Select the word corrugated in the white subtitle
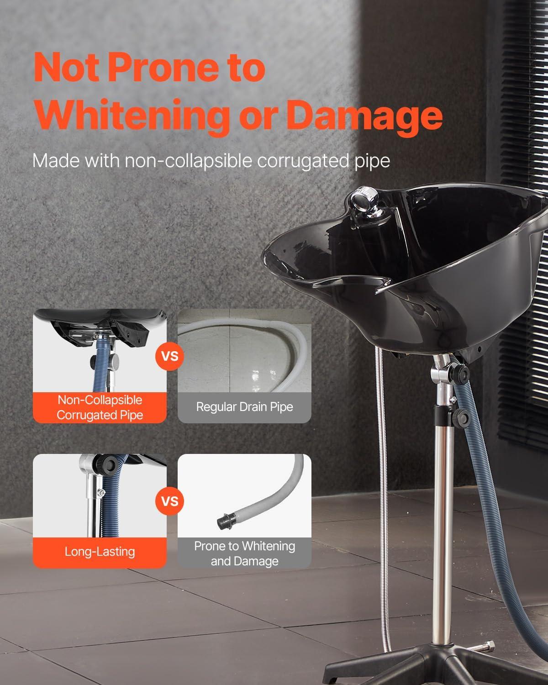click(303, 161)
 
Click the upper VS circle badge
click(169, 357)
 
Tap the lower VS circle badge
click(169, 501)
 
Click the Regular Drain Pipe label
click(245, 407)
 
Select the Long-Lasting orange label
click(100, 552)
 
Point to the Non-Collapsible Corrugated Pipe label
click(100, 407)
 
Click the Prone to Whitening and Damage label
click(245, 553)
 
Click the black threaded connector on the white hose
click(227, 522)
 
